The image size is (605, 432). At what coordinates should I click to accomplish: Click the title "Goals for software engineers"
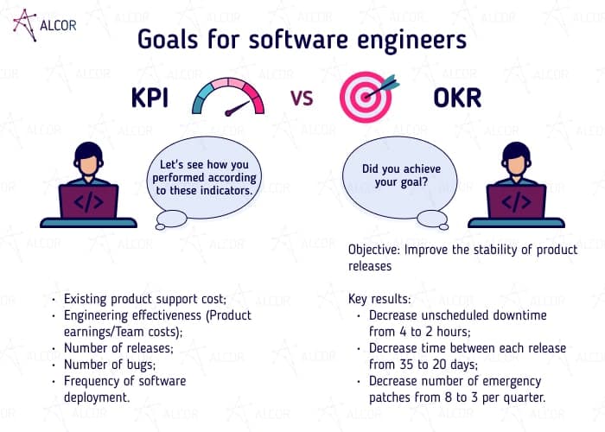[x=302, y=40]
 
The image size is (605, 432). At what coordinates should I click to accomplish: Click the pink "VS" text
[x=301, y=98]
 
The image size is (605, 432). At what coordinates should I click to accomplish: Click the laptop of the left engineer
[x=88, y=204]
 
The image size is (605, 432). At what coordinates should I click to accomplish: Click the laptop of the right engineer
[x=516, y=204]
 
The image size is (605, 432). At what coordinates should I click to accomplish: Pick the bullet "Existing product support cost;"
[x=144, y=300]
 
